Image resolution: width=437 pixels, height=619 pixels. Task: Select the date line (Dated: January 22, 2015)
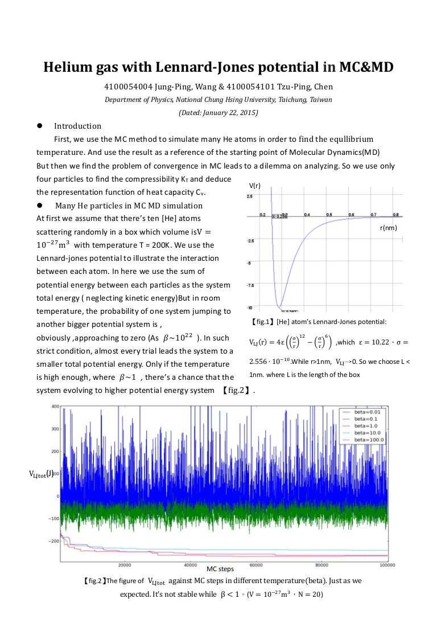click(x=218, y=113)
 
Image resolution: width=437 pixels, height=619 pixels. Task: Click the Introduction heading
click(x=77, y=126)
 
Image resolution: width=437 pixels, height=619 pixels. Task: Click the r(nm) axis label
click(x=388, y=227)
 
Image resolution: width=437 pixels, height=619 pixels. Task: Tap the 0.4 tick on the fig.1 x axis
click(x=307, y=214)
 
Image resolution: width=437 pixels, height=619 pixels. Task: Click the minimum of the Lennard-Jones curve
click(x=281, y=308)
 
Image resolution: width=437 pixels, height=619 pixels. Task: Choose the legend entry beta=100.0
click(x=370, y=439)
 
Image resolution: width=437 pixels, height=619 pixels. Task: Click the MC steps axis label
click(x=220, y=569)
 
